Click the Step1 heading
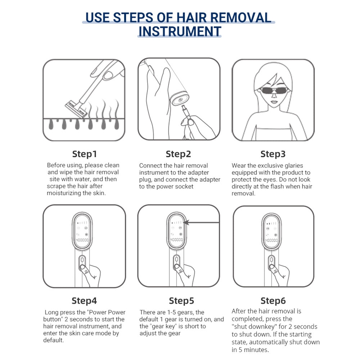click(x=85, y=154)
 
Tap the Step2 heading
click(x=179, y=154)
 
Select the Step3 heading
click(x=273, y=154)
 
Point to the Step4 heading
click(x=84, y=301)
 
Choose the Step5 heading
click(x=181, y=301)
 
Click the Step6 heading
click(x=273, y=301)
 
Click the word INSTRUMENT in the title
click(x=180, y=31)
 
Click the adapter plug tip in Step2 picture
click(x=183, y=107)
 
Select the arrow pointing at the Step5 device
click(x=202, y=222)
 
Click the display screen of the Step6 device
click(x=271, y=231)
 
